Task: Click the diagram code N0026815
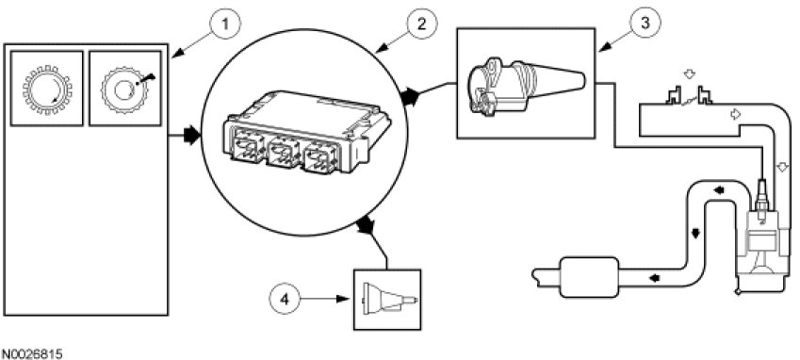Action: click(32, 352)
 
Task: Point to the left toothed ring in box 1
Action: click(47, 90)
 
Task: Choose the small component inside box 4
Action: click(389, 300)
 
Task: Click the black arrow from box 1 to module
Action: click(184, 136)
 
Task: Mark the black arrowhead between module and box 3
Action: click(410, 96)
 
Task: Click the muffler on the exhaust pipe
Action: click(589, 277)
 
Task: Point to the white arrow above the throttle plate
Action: click(689, 74)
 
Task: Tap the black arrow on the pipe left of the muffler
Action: click(653, 278)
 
